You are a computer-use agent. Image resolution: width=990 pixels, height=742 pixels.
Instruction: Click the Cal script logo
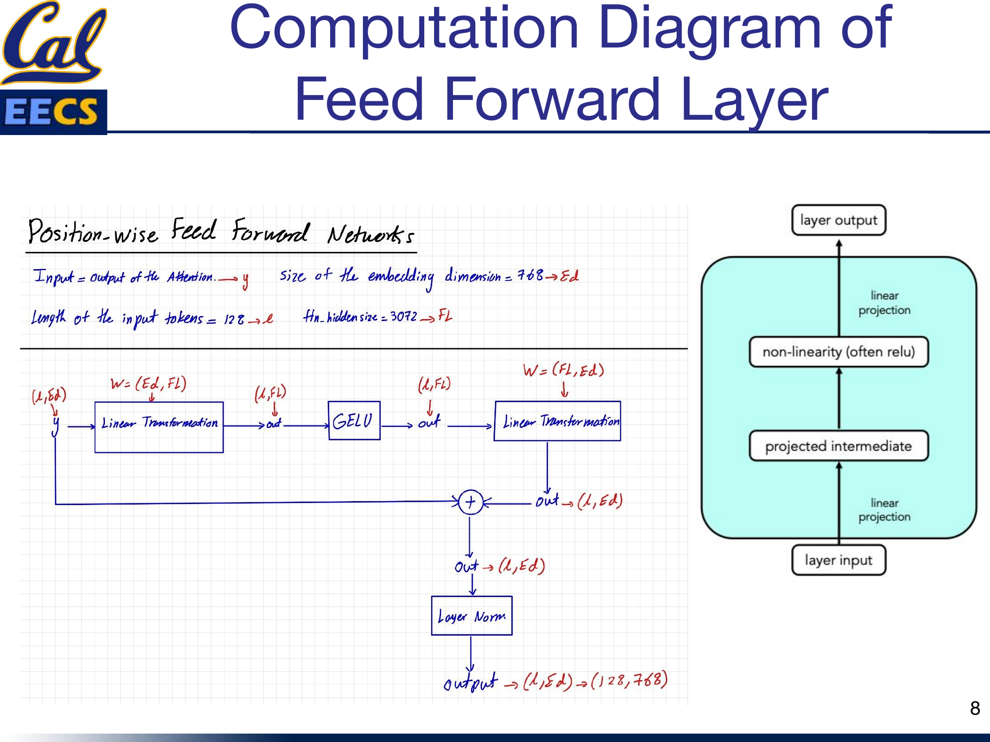tap(53, 42)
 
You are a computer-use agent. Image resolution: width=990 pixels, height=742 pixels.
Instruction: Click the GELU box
tap(353, 421)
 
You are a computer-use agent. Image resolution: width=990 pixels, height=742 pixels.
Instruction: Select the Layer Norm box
tap(471, 616)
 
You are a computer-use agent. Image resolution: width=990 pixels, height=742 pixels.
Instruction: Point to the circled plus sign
tap(470, 502)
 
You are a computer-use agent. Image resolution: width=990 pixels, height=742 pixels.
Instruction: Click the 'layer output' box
tap(839, 220)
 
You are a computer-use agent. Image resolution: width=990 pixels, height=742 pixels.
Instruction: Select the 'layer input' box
tap(839, 560)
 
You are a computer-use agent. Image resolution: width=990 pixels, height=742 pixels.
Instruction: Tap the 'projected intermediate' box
tap(839, 446)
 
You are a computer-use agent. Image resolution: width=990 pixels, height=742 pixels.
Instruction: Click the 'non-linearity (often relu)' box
tap(839, 352)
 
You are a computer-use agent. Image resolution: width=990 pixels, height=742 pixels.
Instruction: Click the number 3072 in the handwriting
tap(403, 316)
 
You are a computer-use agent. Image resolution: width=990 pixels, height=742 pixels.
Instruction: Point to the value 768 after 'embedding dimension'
tap(530, 275)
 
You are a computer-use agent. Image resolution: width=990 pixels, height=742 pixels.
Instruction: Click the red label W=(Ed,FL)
tap(148, 384)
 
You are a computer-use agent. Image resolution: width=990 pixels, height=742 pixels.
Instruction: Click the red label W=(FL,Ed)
tap(563, 370)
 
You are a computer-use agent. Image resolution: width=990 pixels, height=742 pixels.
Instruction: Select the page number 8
tap(975, 708)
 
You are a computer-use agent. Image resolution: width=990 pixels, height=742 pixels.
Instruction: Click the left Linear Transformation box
tap(159, 427)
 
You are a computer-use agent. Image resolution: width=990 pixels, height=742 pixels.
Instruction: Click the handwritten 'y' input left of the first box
tap(55, 425)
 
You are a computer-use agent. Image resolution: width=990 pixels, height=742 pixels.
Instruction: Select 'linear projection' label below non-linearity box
tap(884, 510)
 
